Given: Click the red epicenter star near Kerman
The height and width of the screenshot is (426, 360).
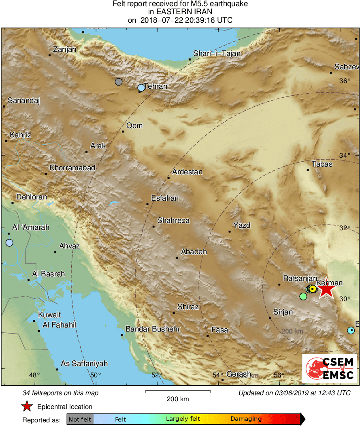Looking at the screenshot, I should coord(326,289).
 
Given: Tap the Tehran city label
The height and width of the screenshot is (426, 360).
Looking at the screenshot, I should coord(156,86).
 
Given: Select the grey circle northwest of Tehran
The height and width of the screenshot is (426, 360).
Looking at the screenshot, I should coord(119,82).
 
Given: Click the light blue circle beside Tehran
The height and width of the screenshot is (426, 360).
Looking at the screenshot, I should coord(141,88).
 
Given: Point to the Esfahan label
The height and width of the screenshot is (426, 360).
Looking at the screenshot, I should coord(164,198).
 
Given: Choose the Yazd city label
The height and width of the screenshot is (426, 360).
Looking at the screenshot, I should coord(242,225).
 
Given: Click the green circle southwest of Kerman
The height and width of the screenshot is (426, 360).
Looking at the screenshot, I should coord(303,296).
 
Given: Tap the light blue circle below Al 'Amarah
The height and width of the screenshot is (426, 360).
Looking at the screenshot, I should coord(9,243).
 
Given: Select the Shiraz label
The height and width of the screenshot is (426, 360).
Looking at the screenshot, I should coord(188,307).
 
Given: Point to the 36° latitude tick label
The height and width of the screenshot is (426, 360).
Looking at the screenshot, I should coord(345,81).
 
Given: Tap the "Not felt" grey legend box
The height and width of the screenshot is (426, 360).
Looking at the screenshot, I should coord(80,419).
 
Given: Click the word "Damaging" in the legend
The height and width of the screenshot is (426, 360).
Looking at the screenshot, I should coord(246,419).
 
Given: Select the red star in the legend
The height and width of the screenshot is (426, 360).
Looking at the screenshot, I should coord(27,406).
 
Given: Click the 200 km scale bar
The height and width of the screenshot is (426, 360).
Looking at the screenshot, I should coord(178,392).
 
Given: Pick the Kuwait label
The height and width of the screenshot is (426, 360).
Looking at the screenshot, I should coord(49,315).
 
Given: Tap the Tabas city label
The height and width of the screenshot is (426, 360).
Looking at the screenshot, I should coord(322,164).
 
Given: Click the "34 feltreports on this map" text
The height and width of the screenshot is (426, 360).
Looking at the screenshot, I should coord(61,393).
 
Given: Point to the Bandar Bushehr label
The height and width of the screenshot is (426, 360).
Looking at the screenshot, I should coord(153,329).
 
